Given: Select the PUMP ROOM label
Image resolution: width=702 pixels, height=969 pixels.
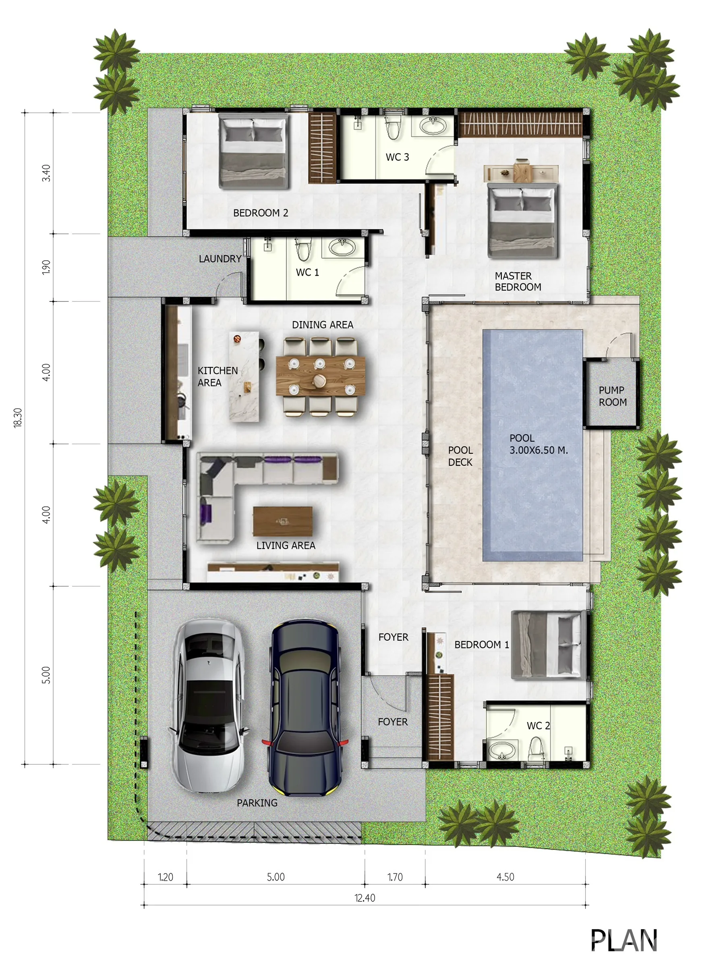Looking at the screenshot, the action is point(612,396).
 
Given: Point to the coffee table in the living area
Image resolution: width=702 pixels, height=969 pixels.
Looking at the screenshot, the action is point(282,521).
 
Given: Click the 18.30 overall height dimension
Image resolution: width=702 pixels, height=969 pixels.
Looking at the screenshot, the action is point(18,418).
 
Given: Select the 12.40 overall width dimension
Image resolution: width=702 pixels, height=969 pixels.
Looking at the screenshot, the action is point(364,898).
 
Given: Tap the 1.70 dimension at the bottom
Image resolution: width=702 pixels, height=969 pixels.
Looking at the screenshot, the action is point(395,877).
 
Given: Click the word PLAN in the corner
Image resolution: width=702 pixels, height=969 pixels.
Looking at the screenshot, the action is point(624,940).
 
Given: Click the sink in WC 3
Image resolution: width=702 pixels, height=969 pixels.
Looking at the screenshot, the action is point(433,127).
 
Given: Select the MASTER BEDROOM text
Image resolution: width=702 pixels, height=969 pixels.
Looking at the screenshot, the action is point(518,282).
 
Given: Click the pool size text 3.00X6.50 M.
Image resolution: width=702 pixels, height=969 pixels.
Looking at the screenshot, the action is point(538,450).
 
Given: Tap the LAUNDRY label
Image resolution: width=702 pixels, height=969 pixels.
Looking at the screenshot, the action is point(220,259).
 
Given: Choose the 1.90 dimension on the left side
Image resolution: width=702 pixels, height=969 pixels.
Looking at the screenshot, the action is point(46,267).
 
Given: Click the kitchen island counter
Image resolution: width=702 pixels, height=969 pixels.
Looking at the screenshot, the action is point(244,377).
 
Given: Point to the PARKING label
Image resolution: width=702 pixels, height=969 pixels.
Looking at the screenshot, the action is point(257,803).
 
